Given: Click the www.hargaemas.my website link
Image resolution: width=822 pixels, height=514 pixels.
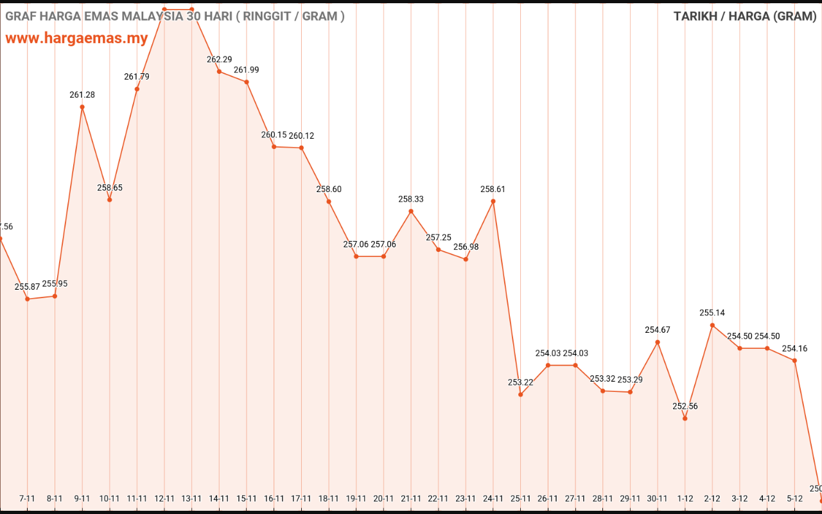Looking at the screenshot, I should pyautogui.click(x=76, y=38).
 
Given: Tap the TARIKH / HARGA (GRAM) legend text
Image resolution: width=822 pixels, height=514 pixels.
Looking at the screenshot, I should pyautogui.click(x=745, y=16).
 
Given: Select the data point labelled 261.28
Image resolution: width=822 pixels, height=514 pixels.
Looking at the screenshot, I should pyautogui.click(x=82, y=107).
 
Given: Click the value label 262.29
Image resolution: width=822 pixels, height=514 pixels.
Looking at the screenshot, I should pyautogui.click(x=219, y=59).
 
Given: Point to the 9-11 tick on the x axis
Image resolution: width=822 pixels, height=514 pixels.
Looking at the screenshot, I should pyautogui.click(x=82, y=498).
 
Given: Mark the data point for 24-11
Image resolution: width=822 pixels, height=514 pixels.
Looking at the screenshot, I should pyautogui.click(x=493, y=201).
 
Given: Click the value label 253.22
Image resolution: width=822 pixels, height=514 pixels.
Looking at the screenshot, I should pyautogui.click(x=520, y=382).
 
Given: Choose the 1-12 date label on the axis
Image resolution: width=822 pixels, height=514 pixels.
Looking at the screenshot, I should pyautogui.click(x=685, y=498).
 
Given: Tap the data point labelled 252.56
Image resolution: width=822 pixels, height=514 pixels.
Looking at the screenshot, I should pyautogui.click(x=685, y=418).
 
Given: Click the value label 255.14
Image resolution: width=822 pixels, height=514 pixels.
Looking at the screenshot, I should pyautogui.click(x=712, y=313).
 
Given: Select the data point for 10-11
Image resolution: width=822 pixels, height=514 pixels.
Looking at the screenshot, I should pyautogui.click(x=110, y=200).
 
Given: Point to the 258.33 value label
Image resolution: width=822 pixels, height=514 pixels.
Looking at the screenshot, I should pyautogui.click(x=411, y=199).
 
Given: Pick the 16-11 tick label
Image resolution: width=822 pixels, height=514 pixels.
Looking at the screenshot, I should pyautogui.click(x=274, y=498).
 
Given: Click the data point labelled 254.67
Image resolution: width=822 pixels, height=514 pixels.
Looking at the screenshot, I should pyautogui.click(x=658, y=342).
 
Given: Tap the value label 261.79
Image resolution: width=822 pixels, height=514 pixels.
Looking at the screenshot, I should pyautogui.click(x=137, y=76).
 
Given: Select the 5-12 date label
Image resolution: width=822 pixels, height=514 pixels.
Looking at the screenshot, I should pyautogui.click(x=794, y=498).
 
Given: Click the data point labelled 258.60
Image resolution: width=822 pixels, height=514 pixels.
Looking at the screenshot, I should pyautogui.click(x=329, y=202).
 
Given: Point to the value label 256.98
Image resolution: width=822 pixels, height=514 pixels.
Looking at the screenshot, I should pyautogui.click(x=466, y=247).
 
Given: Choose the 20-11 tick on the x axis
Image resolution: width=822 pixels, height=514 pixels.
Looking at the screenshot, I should pyautogui.click(x=383, y=498).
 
